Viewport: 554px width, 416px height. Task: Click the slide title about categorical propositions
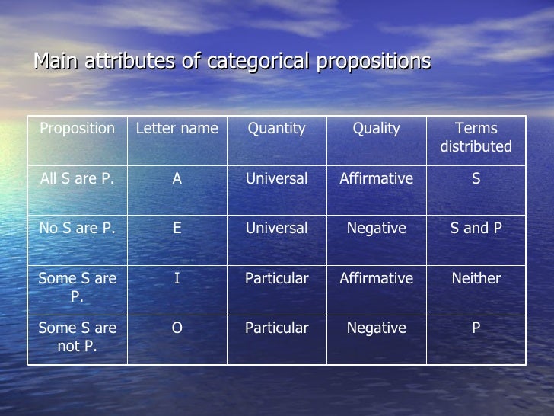(x=232, y=61)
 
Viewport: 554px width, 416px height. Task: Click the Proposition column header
(x=77, y=129)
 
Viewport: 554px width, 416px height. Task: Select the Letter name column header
(x=177, y=129)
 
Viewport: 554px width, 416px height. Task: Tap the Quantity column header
(x=276, y=129)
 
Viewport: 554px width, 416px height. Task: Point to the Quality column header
(x=376, y=129)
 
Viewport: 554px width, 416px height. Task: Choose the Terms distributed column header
(x=476, y=137)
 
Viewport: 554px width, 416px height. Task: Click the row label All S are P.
(x=77, y=179)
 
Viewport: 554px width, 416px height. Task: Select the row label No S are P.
(x=77, y=229)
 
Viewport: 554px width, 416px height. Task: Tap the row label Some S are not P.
(x=77, y=337)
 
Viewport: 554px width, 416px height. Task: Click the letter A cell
(x=177, y=179)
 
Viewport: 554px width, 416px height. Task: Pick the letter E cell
(x=177, y=229)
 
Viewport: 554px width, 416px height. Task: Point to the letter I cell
(x=177, y=278)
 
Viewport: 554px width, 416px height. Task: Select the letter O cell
(x=177, y=328)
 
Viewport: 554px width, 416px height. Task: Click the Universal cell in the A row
(x=276, y=179)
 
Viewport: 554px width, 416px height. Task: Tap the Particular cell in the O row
(x=276, y=328)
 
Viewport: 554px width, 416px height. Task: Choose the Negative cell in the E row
(x=376, y=229)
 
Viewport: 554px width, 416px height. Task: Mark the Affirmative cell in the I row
(x=376, y=278)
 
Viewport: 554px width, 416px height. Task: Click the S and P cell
(x=476, y=229)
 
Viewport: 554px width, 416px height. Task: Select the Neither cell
(x=476, y=278)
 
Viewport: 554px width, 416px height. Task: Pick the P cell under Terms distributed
(x=476, y=328)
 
